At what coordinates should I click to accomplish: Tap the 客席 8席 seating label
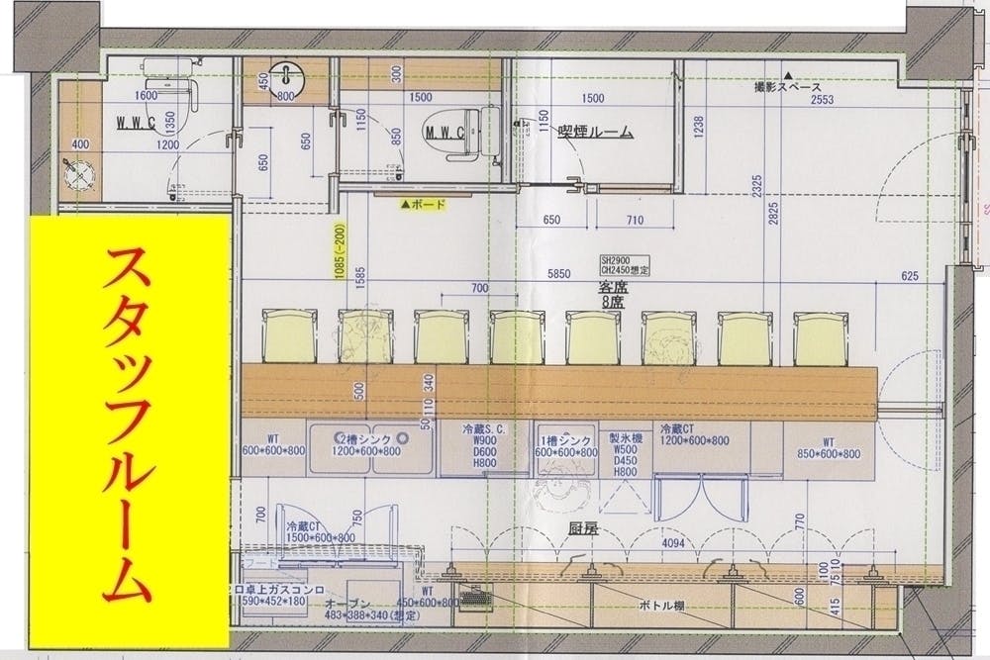(615, 287)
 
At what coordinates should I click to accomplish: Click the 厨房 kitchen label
(583, 528)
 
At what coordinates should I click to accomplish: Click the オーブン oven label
(346, 603)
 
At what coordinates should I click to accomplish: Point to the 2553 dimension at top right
(821, 100)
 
